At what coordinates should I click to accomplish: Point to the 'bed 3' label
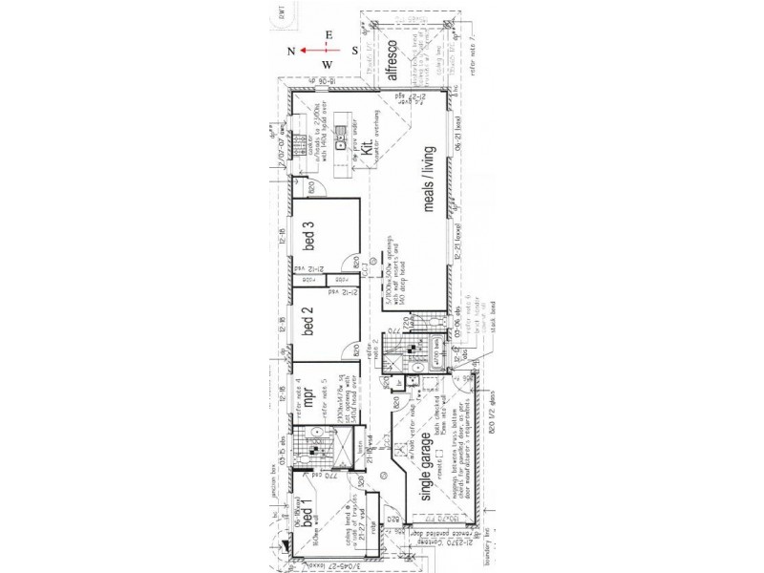tap(308, 236)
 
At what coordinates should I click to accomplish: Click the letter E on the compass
tap(329, 34)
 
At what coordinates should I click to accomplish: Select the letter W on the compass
tap(328, 66)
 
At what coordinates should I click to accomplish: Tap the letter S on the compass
tap(353, 50)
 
